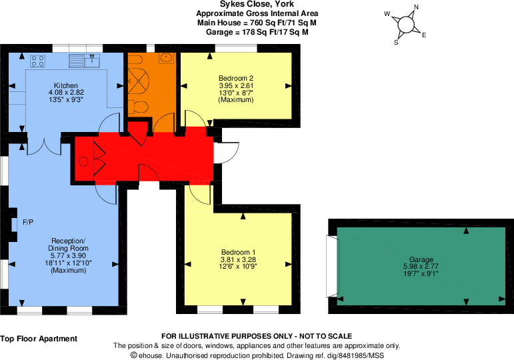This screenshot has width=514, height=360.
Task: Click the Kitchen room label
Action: [66, 85]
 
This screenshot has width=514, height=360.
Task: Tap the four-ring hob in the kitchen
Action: [38, 61]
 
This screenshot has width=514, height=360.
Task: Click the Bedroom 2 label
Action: [236, 78]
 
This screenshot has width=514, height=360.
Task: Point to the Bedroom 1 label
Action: [238, 252]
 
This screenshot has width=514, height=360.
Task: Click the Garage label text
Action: [421, 260]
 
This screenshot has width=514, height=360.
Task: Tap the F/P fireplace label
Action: [28, 222]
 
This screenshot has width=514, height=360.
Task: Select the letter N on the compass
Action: [416, 7]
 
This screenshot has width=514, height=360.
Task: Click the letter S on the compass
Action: [396, 43]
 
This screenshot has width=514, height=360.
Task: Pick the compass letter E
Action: [424, 35]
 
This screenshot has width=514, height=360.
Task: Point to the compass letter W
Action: [387, 14]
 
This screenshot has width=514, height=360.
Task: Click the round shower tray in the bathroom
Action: [138, 81]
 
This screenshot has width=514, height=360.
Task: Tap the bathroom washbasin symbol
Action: [167, 58]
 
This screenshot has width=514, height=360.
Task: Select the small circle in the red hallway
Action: [83, 161]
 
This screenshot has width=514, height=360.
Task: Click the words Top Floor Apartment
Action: [39, 339]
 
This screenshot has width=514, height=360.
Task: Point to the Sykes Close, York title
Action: [257, 4]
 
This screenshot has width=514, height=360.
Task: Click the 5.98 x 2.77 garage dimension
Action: [421, 266]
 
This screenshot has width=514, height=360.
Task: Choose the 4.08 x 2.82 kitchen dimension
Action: [66, 93]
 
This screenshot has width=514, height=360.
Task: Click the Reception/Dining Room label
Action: [68, 245]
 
